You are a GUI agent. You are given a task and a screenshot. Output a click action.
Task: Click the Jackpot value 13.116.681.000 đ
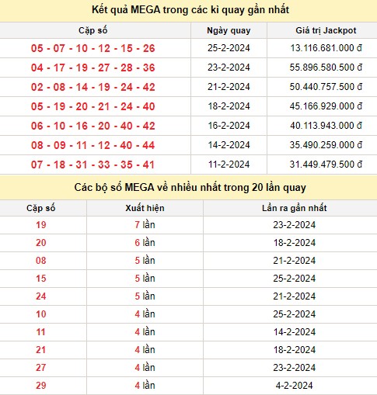(323, 48)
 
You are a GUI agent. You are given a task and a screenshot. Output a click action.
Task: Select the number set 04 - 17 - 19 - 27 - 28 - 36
(93, 68)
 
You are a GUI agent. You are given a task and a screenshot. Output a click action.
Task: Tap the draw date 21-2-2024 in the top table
(229, 87)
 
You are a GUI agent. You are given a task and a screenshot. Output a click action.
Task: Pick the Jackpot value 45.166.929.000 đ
(323, 106)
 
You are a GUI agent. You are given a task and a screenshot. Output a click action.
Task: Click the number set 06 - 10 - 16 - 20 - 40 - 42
(93, 126)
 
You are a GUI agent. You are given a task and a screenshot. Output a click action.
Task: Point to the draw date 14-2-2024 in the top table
(229, 145)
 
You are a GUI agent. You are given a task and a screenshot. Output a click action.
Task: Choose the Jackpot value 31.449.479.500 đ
(323, 165)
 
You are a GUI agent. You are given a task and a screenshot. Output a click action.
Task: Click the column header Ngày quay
(229, 30)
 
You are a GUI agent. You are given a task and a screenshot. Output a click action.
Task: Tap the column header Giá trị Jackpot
(323, 30)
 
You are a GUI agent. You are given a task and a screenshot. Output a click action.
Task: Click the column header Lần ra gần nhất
(289, 209)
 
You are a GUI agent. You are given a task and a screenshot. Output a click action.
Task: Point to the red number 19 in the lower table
(41, 225)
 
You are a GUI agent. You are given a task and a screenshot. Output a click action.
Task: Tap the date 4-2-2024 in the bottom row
(289, 386)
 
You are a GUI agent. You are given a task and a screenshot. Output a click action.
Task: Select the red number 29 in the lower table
(41, 386)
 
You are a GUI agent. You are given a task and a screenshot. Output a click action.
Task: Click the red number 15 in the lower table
(41, 279)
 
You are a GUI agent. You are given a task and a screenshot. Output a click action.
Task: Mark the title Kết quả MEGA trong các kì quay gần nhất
(188, 9)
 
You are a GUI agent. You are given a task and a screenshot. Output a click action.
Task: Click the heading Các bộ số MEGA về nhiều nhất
(188, 188)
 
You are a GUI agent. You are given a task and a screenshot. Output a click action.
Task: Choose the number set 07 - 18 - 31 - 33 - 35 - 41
(93, 165)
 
